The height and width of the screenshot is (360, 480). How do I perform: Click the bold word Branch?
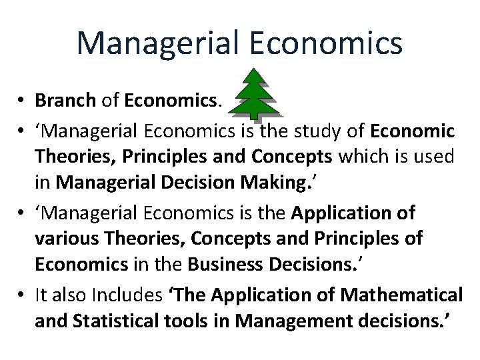pos(65,100)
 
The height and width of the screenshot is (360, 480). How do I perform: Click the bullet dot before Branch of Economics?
pos(23,101)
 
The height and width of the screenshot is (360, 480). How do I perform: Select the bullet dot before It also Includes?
pos(23,295)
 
